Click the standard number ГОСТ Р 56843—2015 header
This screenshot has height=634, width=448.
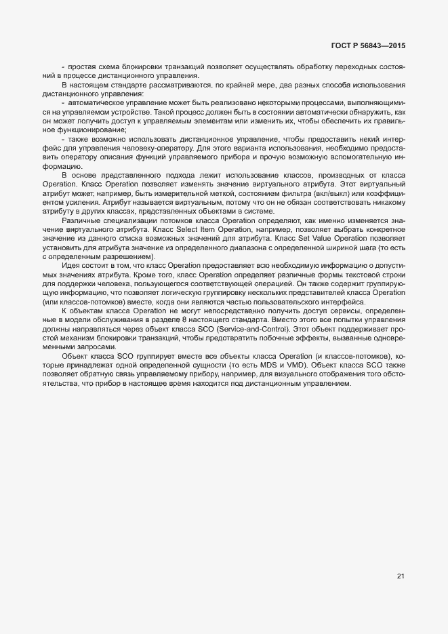[x=369, y=46]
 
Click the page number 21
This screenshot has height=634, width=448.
[x=401, y=576]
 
